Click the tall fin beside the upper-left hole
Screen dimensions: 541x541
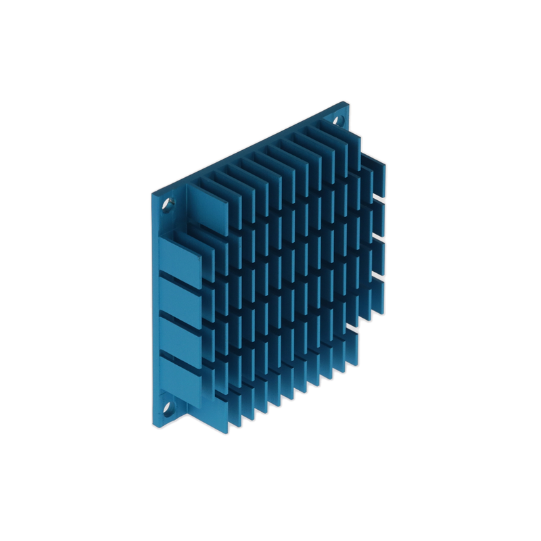(208, 209)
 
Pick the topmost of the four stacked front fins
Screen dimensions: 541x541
(181, 260)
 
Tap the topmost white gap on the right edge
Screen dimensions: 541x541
(379, 199)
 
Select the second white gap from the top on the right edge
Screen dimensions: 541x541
(379, 238)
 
